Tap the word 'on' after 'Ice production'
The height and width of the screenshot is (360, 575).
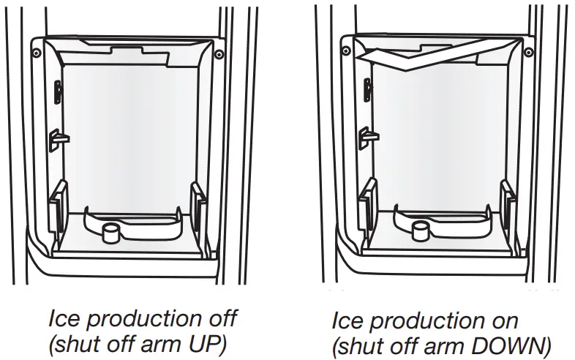503,320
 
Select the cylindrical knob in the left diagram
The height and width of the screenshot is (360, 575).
112,233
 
